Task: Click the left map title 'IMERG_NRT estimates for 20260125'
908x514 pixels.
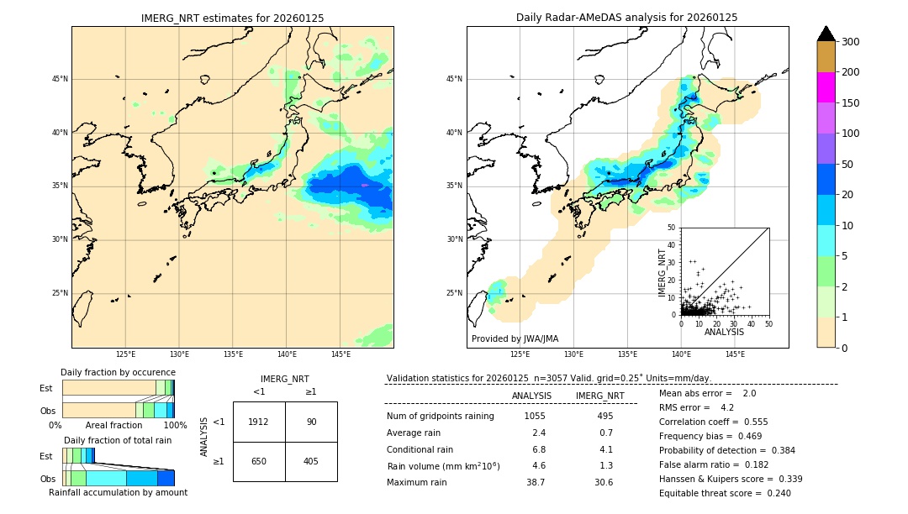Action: point(232,18)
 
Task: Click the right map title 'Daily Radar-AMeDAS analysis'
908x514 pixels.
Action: point(626,18)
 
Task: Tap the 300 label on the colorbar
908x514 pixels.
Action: point(850,42)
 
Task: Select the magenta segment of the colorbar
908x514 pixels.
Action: point(826,87)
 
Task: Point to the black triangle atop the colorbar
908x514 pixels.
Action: point(826,34)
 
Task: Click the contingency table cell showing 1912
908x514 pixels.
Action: point(259,422)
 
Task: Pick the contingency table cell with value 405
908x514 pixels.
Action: point(311,461)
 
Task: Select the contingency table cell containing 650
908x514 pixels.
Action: point(259,461)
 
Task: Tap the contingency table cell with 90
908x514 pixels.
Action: point(311,422)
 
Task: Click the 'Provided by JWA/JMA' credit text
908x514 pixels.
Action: point(515,339)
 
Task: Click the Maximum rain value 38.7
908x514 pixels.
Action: point(536,483)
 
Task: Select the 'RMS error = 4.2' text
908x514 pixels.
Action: point(697,408)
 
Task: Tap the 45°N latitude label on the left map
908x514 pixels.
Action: point(60,79)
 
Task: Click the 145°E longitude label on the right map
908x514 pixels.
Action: point(735,354)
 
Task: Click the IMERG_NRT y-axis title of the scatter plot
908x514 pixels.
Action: point(662,272)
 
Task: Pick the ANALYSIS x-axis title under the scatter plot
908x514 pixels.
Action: point(724,332)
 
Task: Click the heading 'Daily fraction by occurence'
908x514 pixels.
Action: point(118,373)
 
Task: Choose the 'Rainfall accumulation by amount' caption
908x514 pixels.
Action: point(118,493)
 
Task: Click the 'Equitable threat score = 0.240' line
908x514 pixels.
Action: point(725,494)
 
